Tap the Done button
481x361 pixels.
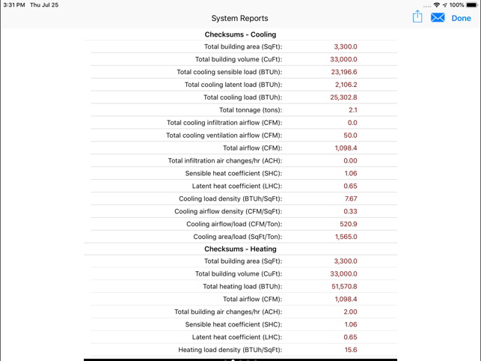(461, 18)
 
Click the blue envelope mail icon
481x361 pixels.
(438, 18)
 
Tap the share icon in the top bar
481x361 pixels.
(417, 16)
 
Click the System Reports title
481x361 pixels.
(239, 18)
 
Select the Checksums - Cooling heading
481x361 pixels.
(240, 34)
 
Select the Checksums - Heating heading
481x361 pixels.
(240, 249)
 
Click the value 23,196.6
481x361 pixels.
(344, 73)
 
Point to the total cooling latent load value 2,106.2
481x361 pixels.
(345, 85)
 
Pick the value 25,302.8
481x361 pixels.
(344, 98)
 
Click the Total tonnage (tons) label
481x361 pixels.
(251, 111)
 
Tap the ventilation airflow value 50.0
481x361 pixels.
(350, 136)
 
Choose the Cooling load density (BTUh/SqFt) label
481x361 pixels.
(230, 199)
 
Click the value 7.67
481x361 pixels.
(351, 199)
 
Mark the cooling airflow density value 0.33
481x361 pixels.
(350, 212)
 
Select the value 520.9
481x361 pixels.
(348, 225)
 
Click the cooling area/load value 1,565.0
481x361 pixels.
(346, 237)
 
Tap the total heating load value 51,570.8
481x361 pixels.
(344, 287)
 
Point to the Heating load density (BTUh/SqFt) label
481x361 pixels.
(230, 350)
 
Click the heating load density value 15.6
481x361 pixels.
(351, 350)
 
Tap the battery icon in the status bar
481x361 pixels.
(472, 5)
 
